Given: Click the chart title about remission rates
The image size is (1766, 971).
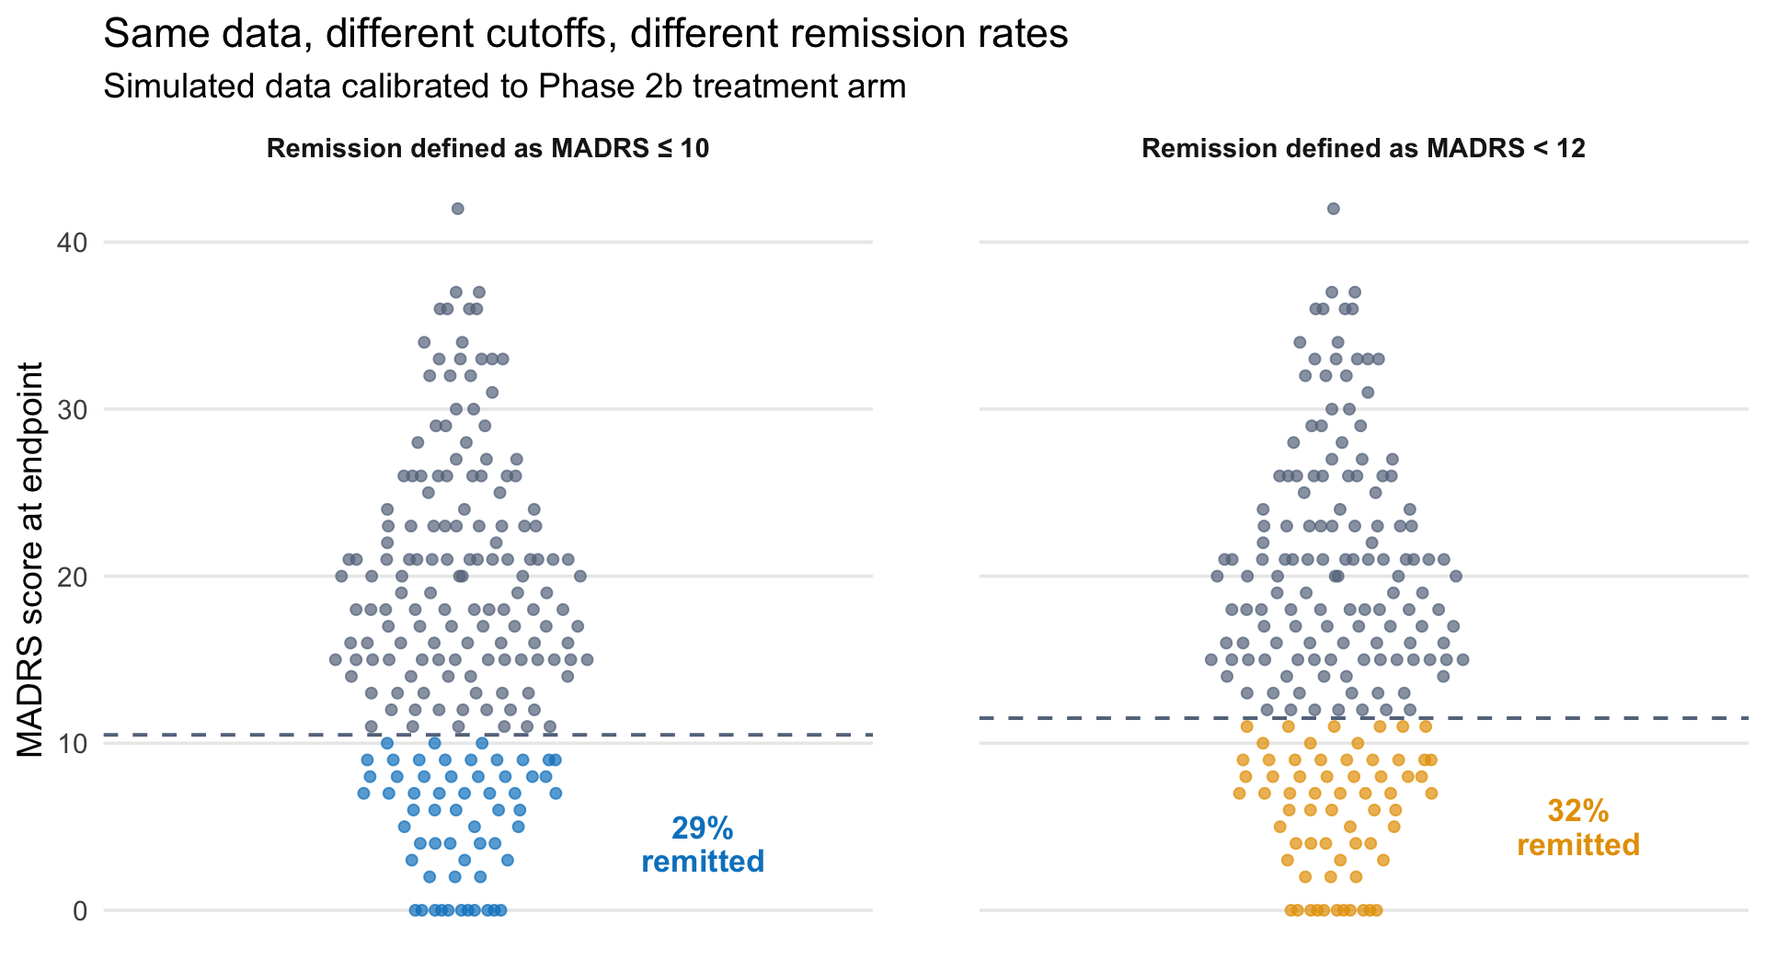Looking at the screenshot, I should (x=585, y=35).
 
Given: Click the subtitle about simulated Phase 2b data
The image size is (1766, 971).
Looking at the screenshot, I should (x=504, y=86).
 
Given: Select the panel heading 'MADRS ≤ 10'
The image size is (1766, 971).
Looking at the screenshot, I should (x=487, y=149).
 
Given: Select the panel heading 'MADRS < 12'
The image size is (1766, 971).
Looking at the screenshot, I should (x=1363, y=149).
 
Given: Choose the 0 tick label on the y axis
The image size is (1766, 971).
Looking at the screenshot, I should (x=80, y=911).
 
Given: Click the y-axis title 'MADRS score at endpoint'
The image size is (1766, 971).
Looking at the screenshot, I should (x=31, y=559).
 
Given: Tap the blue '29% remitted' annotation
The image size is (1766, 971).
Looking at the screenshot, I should (x=703, y=845).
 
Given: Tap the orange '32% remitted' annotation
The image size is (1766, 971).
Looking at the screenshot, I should (x=1578, y=828).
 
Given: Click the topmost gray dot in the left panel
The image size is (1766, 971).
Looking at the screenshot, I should (x=457, y=209).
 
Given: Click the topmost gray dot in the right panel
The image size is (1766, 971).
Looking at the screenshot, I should (x=1333, y=209).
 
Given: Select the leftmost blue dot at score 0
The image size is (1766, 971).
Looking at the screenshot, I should (x=415, y=910).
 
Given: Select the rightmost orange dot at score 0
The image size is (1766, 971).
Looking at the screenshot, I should (x=1377, y=910).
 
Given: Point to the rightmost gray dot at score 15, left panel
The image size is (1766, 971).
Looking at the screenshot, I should (x=587, y=659).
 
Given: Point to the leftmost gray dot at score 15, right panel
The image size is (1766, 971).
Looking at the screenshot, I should (x=1211, y=659).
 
